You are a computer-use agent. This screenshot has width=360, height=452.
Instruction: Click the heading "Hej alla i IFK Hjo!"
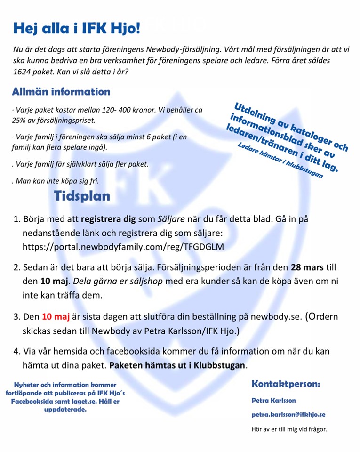(76, 29)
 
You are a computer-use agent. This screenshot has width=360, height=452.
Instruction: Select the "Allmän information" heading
(61, 91)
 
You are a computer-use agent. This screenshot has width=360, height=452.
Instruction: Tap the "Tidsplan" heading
(82, 196)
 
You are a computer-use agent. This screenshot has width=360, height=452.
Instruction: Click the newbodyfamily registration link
(123, 246)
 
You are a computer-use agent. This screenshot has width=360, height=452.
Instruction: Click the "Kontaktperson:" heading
(286, 384)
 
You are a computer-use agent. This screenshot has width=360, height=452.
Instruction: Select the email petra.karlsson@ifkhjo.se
(288, 415)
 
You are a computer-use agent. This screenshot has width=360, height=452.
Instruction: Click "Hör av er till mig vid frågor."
(289, 429)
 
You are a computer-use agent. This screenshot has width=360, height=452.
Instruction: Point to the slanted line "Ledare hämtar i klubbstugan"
(281, 161)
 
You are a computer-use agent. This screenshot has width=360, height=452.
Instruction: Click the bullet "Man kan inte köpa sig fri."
(55, 180)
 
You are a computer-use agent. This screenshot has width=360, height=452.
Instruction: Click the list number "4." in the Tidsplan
(17, 351)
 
